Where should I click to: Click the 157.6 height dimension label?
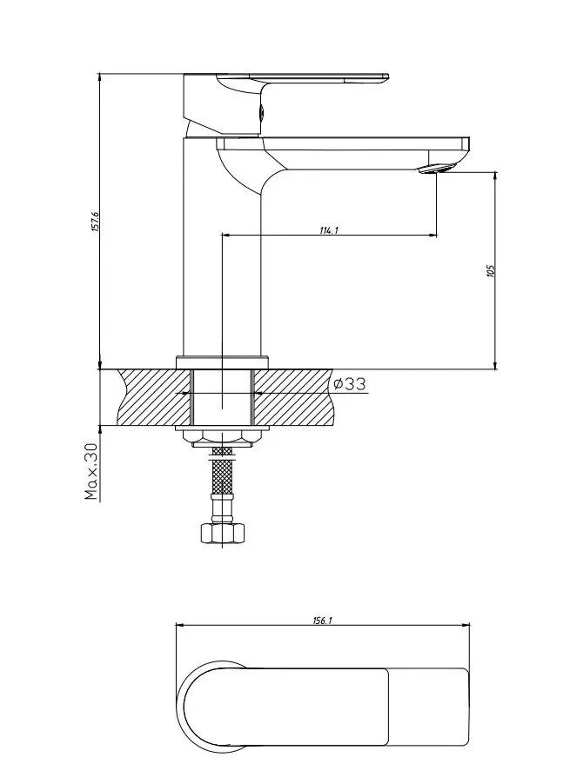coord(96,222)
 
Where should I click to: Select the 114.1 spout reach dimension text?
coord(329,230)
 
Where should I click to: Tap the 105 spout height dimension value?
coord(490,271)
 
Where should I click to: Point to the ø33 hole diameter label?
coord(349,384)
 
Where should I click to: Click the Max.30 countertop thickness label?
coord(91,472)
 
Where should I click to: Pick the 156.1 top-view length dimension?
coord(322,621)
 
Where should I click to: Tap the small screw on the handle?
coord(262,112)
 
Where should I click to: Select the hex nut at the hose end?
coord(222,533)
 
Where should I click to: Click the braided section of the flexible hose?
coord(222,476)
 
